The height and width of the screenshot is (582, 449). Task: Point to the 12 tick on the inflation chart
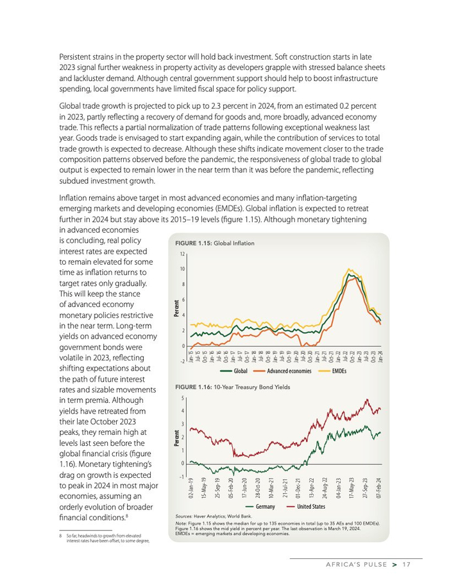[182, 254]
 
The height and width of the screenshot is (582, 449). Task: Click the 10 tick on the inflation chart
[182, 269]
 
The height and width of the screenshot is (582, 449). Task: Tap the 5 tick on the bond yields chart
[183, 398]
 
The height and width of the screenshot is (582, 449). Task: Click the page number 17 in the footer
[407, 565]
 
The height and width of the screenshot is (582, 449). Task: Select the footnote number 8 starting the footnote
[60, 535]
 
